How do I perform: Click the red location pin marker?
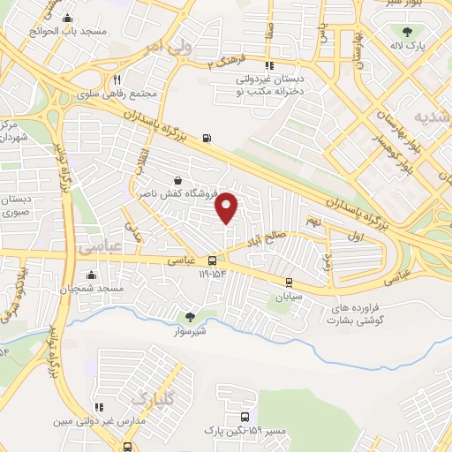228,207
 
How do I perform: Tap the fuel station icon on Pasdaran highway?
207,137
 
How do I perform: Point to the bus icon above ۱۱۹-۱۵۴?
212,260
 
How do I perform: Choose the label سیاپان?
288,298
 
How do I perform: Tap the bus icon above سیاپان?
289,282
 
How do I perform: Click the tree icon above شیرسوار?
190,316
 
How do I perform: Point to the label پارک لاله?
409,45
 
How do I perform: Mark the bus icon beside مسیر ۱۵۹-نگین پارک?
244,417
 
